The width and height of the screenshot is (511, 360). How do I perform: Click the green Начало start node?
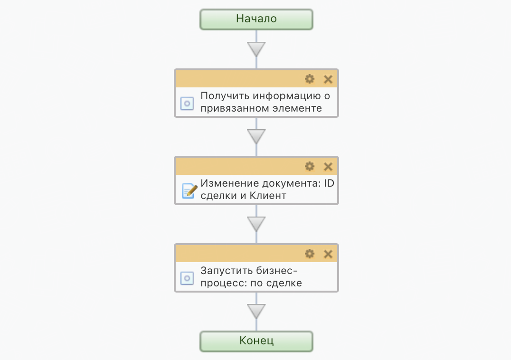(x=256, y=19)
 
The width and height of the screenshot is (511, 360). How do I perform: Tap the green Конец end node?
(x=256, y=341)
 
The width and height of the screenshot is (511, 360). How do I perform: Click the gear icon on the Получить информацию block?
(x=310, y=79)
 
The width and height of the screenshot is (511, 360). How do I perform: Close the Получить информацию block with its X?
(x=328, y=79)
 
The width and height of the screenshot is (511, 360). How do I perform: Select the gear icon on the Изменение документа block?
(x=310, y=166)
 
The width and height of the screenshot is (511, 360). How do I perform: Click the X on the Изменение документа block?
(x=328, y=166)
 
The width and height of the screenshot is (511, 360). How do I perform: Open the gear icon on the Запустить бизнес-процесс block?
(x=310, y=254)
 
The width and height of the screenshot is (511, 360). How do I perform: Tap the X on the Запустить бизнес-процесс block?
(x=328, y=254)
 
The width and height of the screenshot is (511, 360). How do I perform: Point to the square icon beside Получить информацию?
(x=187, y=103)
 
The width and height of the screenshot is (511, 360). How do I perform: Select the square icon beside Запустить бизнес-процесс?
(x=187, y=278)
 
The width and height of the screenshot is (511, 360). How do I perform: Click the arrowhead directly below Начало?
(x=256, y=49)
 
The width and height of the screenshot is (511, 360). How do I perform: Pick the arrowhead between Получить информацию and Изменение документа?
(x=256, y=136)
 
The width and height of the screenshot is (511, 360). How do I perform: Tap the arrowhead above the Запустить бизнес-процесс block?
(x=256, y=224)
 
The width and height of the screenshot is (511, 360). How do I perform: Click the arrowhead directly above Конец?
(x=256, y=311)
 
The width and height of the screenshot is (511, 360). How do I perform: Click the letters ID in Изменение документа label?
(x=329, y=184)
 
